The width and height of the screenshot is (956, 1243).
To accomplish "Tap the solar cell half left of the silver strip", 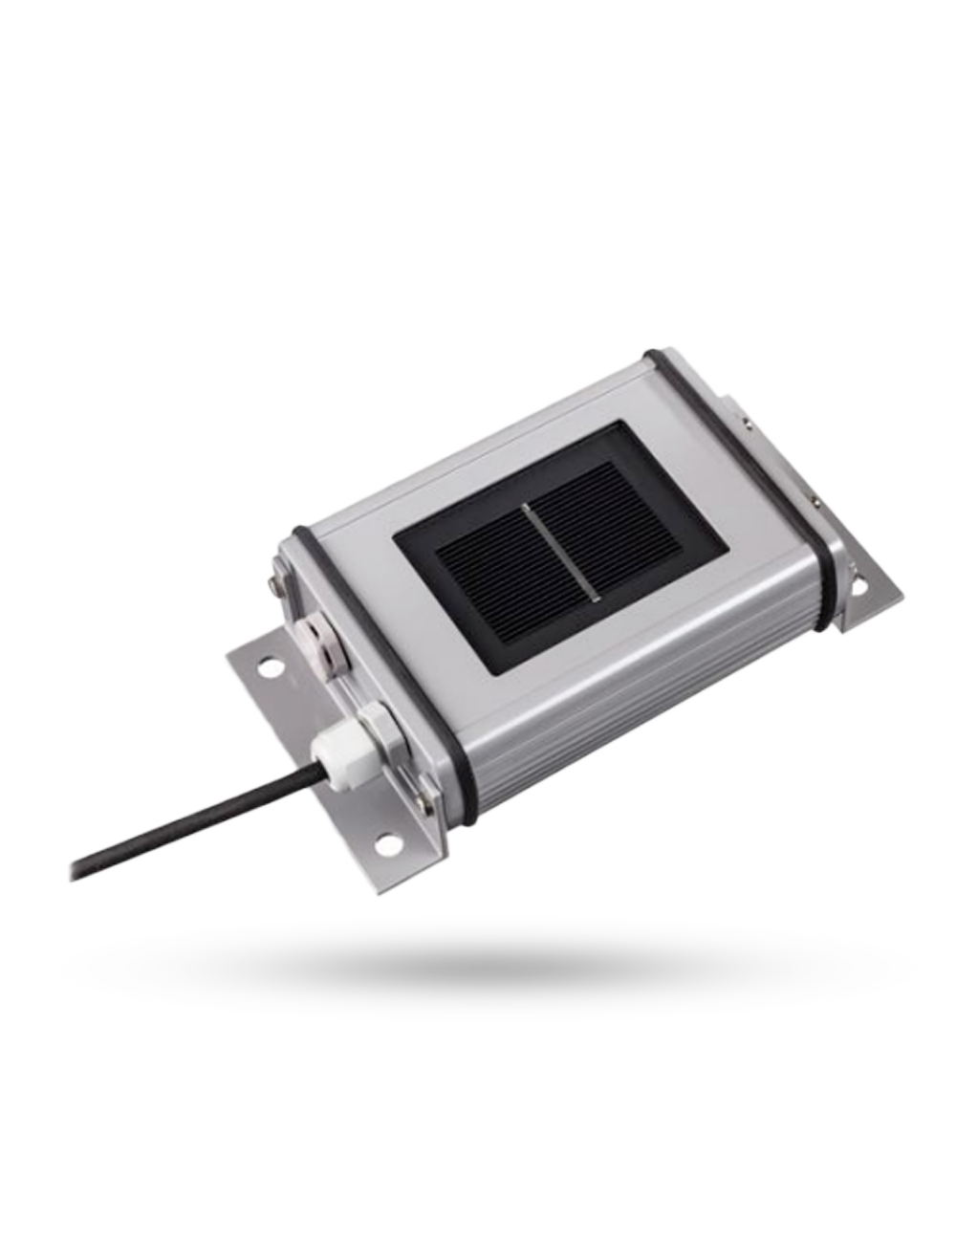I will [x=492, y=583].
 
